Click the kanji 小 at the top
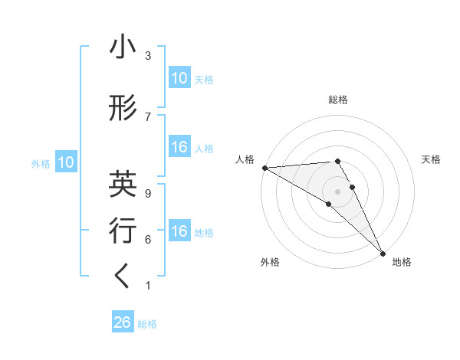[x=123, y=49]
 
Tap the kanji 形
[x=123, y=109]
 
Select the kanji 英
[x=123, y=184]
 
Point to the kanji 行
[x=123, y=231]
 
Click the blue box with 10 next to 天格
[x=179, y=78]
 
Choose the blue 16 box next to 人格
[x=179, y=147]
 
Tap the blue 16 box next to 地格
[x=179, y=231]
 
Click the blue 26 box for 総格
[x=123, y=322]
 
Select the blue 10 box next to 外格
[x=65, y=162]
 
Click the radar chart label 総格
[x=338, y=100]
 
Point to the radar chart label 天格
[x=432, y=159]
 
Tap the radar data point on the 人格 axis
[x=264, y=168]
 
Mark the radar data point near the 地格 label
[x=382, y=252]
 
